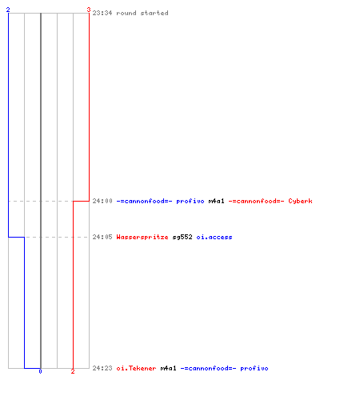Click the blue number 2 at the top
(8, 10)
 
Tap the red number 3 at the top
(89, 10)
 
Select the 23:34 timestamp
(102, 13)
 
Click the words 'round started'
(142, 13)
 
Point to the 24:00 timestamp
(102, 201)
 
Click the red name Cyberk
(300, 201)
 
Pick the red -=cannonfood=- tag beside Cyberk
(256, 201)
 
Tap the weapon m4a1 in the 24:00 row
(216, 201)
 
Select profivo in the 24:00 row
(190, 201)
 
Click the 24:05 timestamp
(102, 237)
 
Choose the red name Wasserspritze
(142, 237)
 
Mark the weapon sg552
(182, 237)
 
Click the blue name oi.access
(214, 237)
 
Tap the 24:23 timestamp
(102, 368)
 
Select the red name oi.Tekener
(136, 368)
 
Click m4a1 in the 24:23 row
(168, 368)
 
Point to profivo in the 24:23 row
(254, 368)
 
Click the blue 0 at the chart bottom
(40, 371)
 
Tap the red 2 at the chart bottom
(73, 371)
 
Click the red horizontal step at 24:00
(81, 201)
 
